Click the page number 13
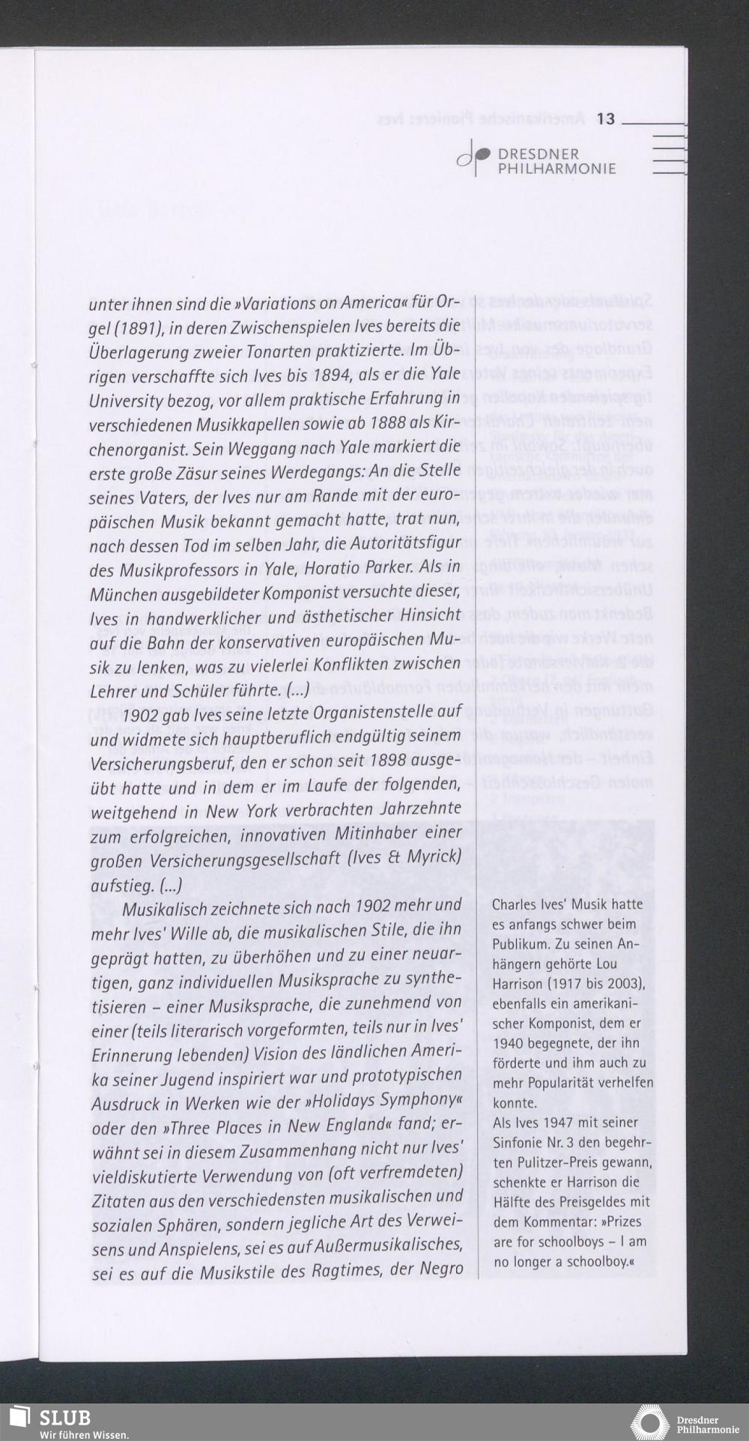point(605,118)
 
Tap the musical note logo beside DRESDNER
point(473,157)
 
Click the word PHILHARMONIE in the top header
point(557,169)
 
